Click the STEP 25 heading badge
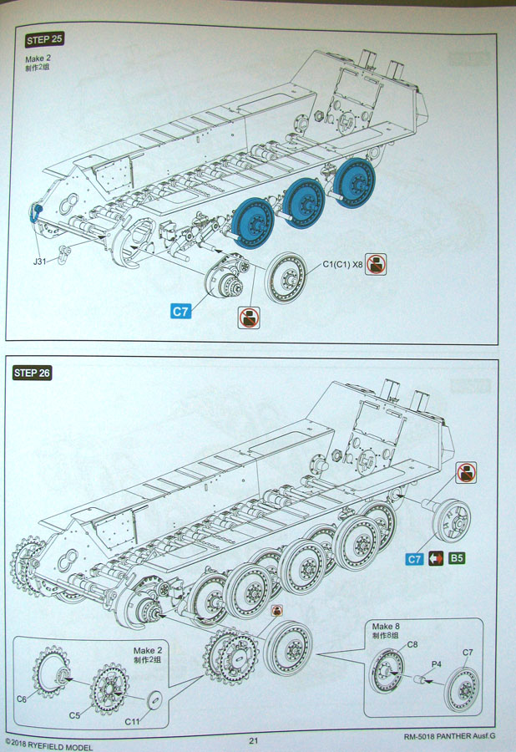[x=45, y=39]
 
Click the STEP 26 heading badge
[x=33, y=373]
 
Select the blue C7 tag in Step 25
[x=181, y=312]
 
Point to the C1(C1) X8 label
[x=342, y=265]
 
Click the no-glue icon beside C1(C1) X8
[x=376, y=266]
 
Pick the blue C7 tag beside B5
[x=414, y=559]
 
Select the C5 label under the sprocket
[x=75, y=715]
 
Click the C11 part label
[x=132, y=721]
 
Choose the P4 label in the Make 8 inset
[x=436, y=666]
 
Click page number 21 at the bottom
[x=254, y=739]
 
